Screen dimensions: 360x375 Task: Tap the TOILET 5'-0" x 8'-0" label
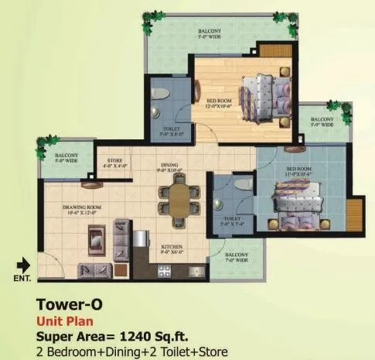point(172,132)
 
